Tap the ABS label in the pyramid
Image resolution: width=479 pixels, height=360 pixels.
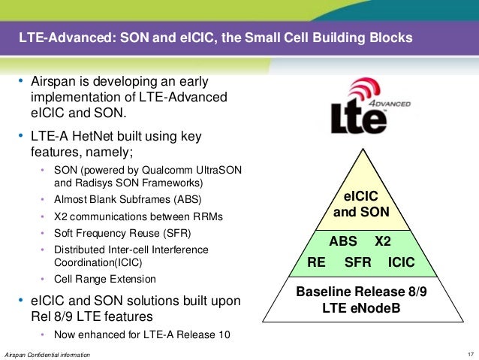click(343, 242)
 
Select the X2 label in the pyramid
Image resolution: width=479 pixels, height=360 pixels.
click(383, 242)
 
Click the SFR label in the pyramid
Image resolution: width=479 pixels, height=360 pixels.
click(357, 264)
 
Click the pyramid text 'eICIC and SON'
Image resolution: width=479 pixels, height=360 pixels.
click(360, 204)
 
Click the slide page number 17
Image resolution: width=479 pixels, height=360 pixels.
click(470, 353)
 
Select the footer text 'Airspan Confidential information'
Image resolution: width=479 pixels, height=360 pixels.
click(47, 353)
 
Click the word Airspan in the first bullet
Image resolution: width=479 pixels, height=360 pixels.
click(53, 81)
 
